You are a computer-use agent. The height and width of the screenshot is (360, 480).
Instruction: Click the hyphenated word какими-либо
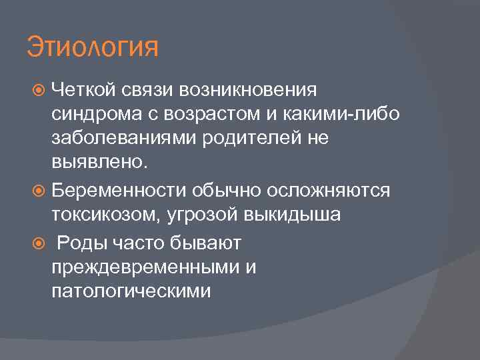(343, 115)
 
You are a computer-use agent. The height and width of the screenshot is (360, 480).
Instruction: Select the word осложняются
(328, 191)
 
